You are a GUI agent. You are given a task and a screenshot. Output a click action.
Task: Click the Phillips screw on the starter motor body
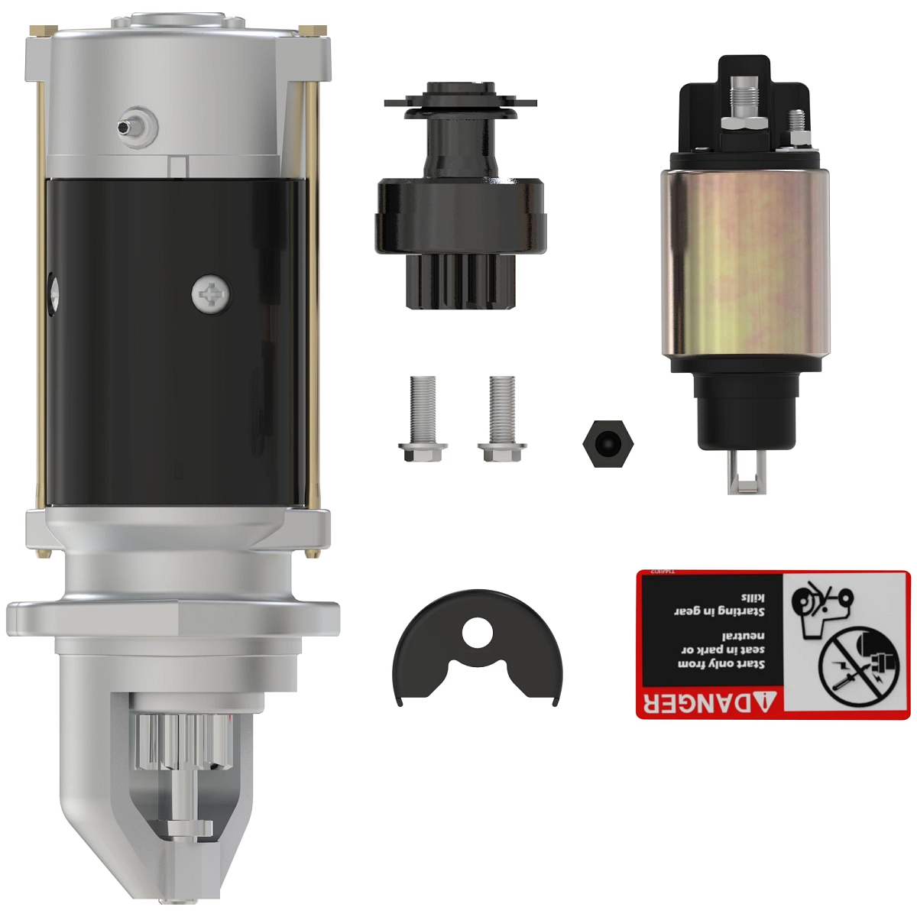[210, 294]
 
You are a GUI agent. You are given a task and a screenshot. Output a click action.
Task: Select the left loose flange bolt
[423, 419]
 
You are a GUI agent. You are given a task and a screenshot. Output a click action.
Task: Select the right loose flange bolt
[502, 419]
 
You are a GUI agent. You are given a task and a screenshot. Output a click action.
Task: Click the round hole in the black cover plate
[478, 631]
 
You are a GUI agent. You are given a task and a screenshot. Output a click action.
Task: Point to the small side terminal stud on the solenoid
[797, 122]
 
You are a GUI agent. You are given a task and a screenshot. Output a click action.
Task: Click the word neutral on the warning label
[743, 636]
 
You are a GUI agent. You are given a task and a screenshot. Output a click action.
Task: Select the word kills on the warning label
[752, 598]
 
